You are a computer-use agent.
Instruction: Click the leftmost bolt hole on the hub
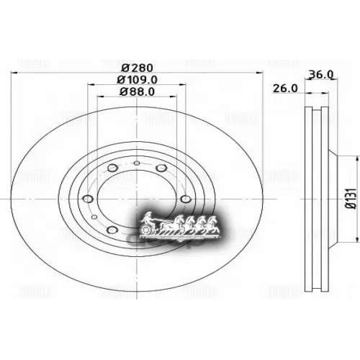89,199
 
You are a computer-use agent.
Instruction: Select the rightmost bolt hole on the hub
185,199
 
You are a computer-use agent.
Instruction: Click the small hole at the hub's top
137,163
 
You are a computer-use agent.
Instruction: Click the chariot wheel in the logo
145,229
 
